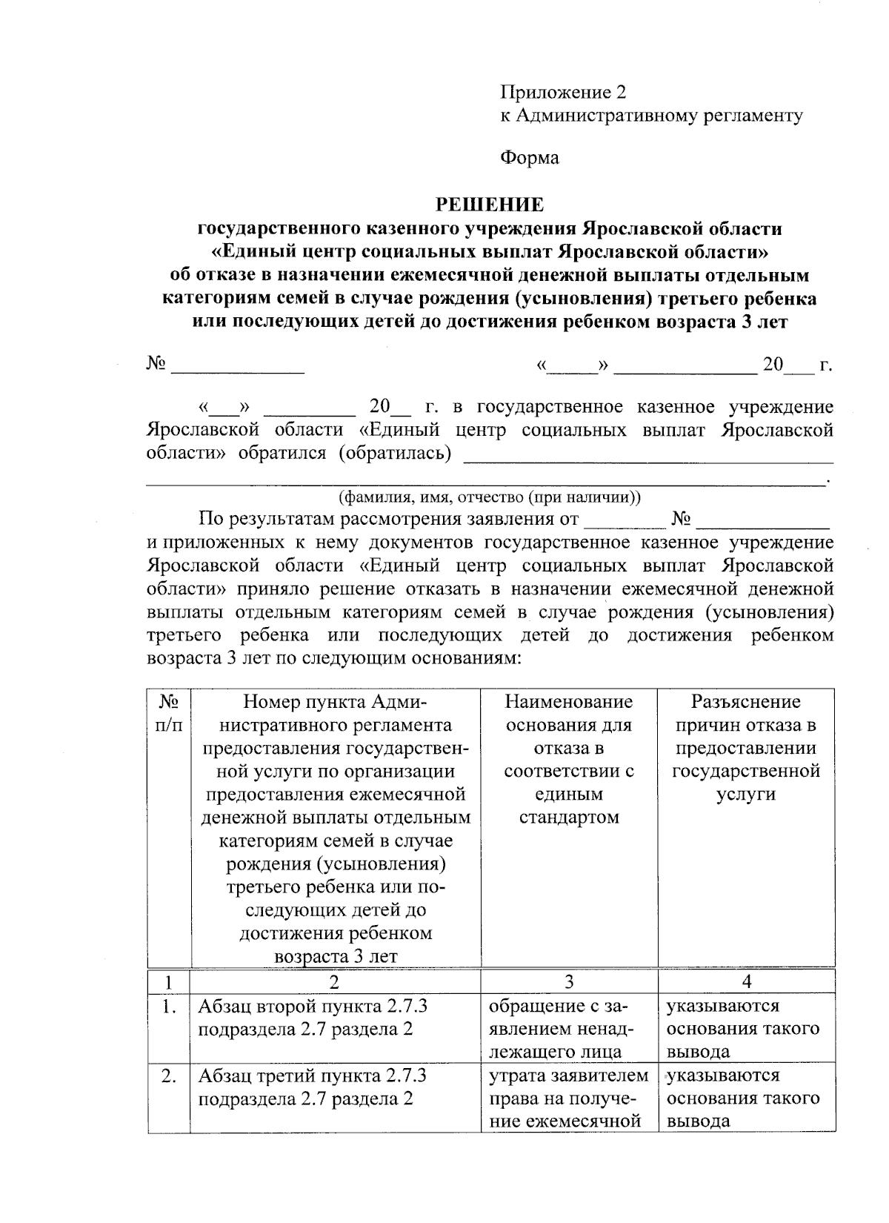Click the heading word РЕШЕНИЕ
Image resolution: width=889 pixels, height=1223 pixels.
[x=489, y=204]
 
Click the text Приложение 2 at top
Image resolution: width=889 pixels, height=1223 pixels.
[x=563, y=92]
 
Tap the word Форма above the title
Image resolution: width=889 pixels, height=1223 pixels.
[x=529, y=157]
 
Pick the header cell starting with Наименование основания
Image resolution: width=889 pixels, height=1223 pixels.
[x=569, y=759]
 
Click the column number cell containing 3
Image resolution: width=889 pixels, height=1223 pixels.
[x=569, y=981]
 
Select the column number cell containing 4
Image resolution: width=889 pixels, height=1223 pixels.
[x=747, y=981]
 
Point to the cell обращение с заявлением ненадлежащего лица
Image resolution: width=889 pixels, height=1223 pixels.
[x=569, y=1029]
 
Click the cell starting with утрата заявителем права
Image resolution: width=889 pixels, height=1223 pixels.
[x=569, y=1098]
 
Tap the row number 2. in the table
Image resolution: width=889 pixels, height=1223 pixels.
[x=168, y=1076]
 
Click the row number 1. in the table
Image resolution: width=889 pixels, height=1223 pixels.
[x=169, y=1007]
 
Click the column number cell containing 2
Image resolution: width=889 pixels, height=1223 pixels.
[x=335, y=981]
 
